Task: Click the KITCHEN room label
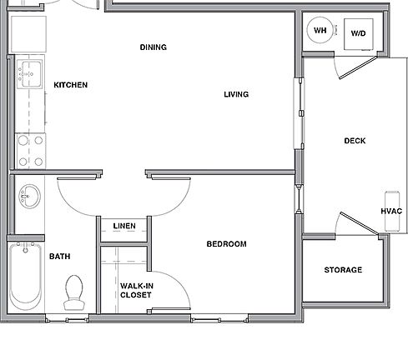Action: coord(71,85)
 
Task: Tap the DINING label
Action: coord(153,47)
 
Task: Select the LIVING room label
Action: coord(236,94)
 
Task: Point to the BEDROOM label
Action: coord(227,244)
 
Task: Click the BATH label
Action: coord(59,257)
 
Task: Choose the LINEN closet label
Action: coord(123,225)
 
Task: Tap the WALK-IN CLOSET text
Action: coord(136,290)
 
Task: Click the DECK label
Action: coord(355,141)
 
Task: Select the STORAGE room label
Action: coord(343,270)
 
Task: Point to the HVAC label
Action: coord(391,212)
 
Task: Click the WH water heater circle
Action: coord(320,32)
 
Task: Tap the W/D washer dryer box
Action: coord(359,33)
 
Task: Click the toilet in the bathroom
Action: coord(76,290)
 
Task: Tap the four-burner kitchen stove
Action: coord(30,151)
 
